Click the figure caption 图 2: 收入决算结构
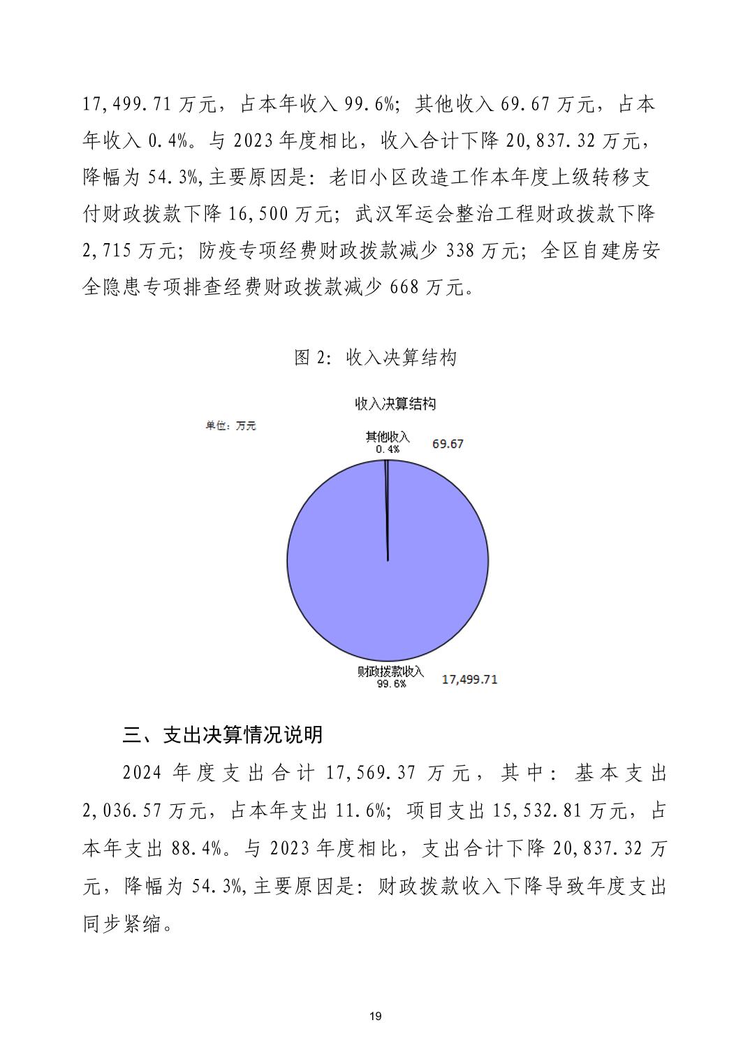(x=375, y=358)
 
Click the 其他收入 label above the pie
(x=388, y=437)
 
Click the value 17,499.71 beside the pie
(x=469, y=679)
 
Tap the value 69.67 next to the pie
(x=448, y=444)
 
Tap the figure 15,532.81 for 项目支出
(x=536, y=811)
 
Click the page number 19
(x=375, y=1016)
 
